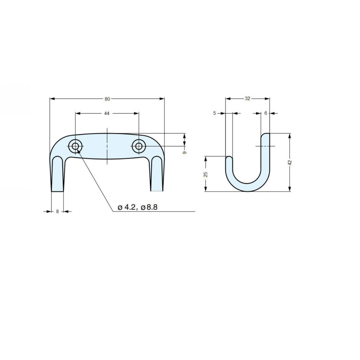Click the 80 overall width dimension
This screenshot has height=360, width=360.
tap(107, 99)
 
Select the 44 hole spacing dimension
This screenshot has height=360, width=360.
tap(107, 114)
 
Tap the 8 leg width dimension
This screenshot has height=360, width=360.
tap(57, 211)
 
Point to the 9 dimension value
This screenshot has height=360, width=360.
tap(185, 152)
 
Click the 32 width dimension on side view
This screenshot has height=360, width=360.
tap(247, 99)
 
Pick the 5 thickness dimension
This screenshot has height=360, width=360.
tap(215, 113)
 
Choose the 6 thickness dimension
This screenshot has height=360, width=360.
tap(266, 113)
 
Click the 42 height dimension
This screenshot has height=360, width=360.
tap(290, 162)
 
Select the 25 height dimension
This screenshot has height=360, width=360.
tap(206, 174)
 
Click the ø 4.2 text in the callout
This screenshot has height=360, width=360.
tap(128, 207)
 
